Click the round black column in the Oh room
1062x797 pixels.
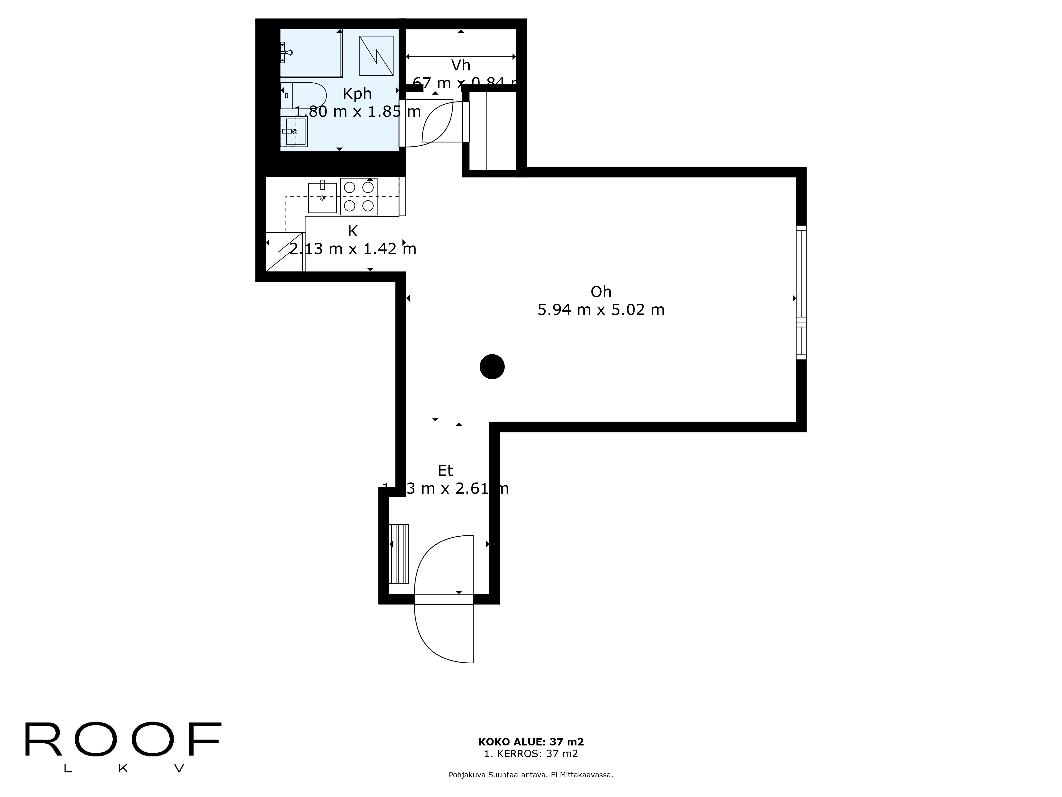(492, 367)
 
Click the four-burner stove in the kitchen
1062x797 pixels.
(359, 197)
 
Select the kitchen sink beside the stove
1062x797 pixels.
(322, 197)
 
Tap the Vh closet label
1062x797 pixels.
(460, 65)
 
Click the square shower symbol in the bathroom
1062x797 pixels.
(376, 56)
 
